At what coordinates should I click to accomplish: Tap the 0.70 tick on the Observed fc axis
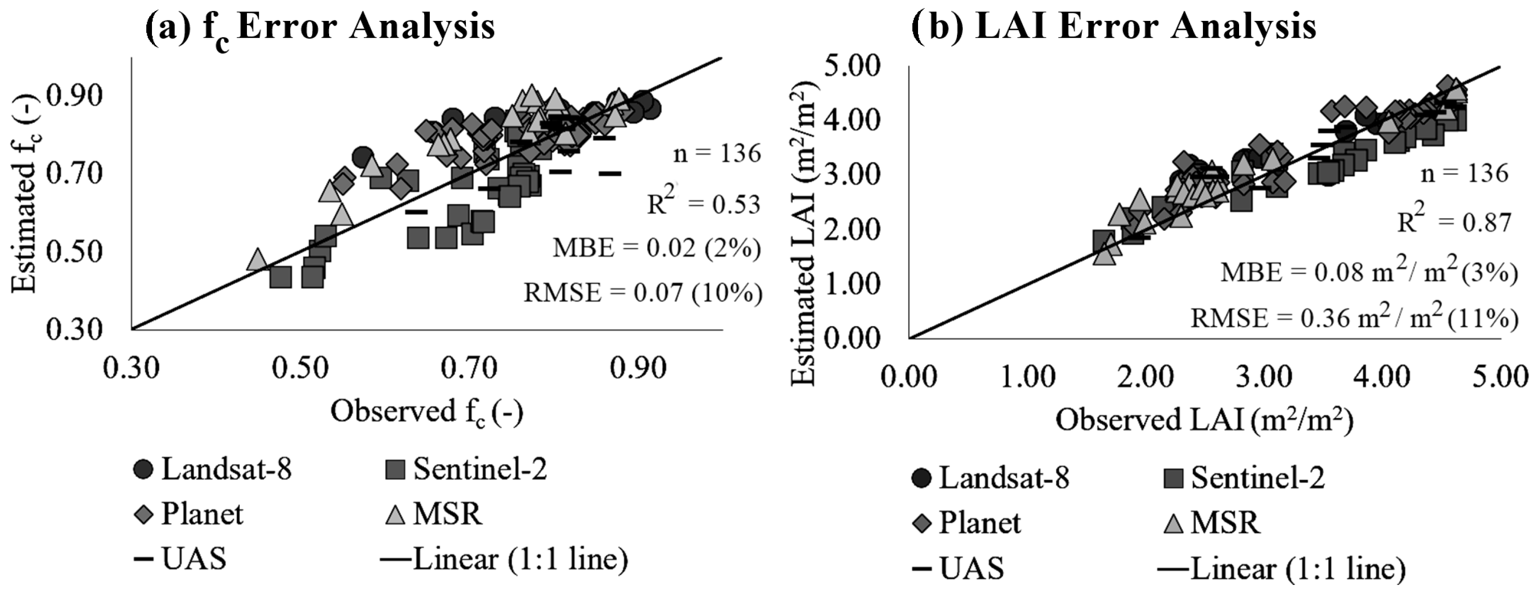469,369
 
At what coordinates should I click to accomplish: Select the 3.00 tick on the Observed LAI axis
1262,378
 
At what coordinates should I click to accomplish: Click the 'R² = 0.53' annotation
704,204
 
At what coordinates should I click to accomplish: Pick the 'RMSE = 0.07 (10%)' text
643,293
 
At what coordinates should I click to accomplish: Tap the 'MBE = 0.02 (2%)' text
656,248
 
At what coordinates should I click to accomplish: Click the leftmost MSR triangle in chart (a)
257,260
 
